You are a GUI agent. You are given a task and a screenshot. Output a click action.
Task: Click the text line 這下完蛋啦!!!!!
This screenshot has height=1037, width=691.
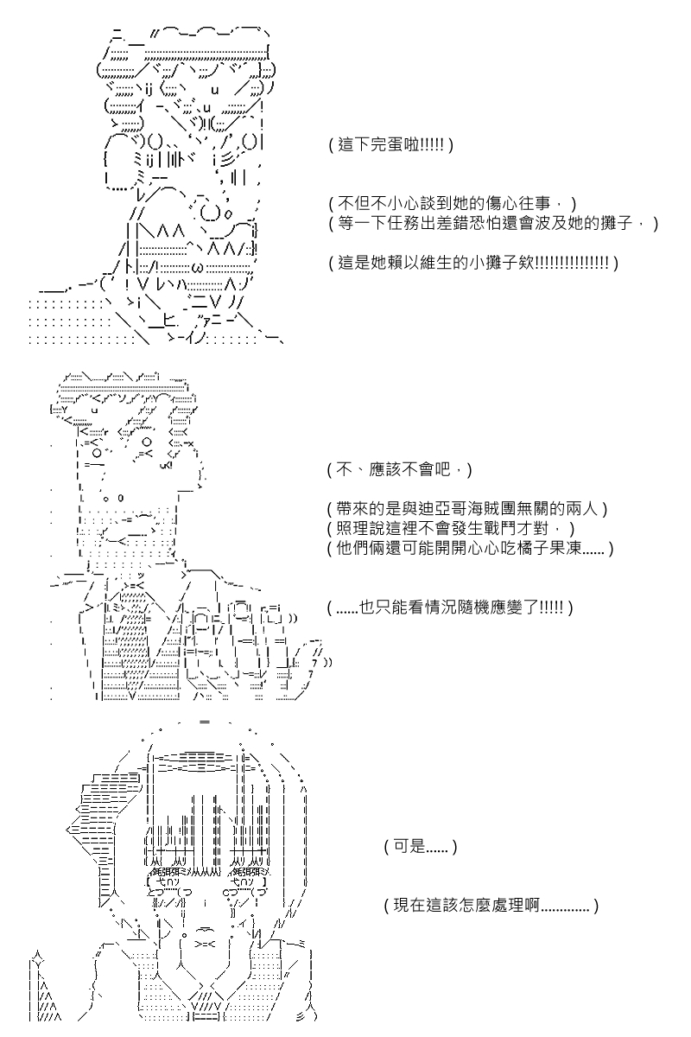[x=391, y=145]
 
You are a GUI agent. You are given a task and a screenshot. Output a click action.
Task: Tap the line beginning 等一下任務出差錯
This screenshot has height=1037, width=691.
[x=493, y=223]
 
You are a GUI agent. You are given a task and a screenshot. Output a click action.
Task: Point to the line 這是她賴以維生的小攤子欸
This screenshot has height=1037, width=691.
[x=473, y=263]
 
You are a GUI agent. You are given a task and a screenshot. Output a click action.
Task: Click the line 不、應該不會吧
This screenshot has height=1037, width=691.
[x=399, y=470]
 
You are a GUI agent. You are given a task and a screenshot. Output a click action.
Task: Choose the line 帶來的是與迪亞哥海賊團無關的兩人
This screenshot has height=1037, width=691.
[x=467, y=509]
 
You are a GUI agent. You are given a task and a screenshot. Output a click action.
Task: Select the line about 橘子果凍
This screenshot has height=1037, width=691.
[x=470, y=549]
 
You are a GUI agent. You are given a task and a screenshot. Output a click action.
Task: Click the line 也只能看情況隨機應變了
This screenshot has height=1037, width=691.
[x=450, y=607]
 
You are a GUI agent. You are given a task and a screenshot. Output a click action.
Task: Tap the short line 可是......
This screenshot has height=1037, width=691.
[x=421, y=847]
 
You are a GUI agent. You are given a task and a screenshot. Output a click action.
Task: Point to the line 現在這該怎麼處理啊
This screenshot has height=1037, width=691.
[x=491, y=905]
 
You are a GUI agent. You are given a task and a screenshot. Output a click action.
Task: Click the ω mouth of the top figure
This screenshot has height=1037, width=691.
[x=195, y=267]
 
